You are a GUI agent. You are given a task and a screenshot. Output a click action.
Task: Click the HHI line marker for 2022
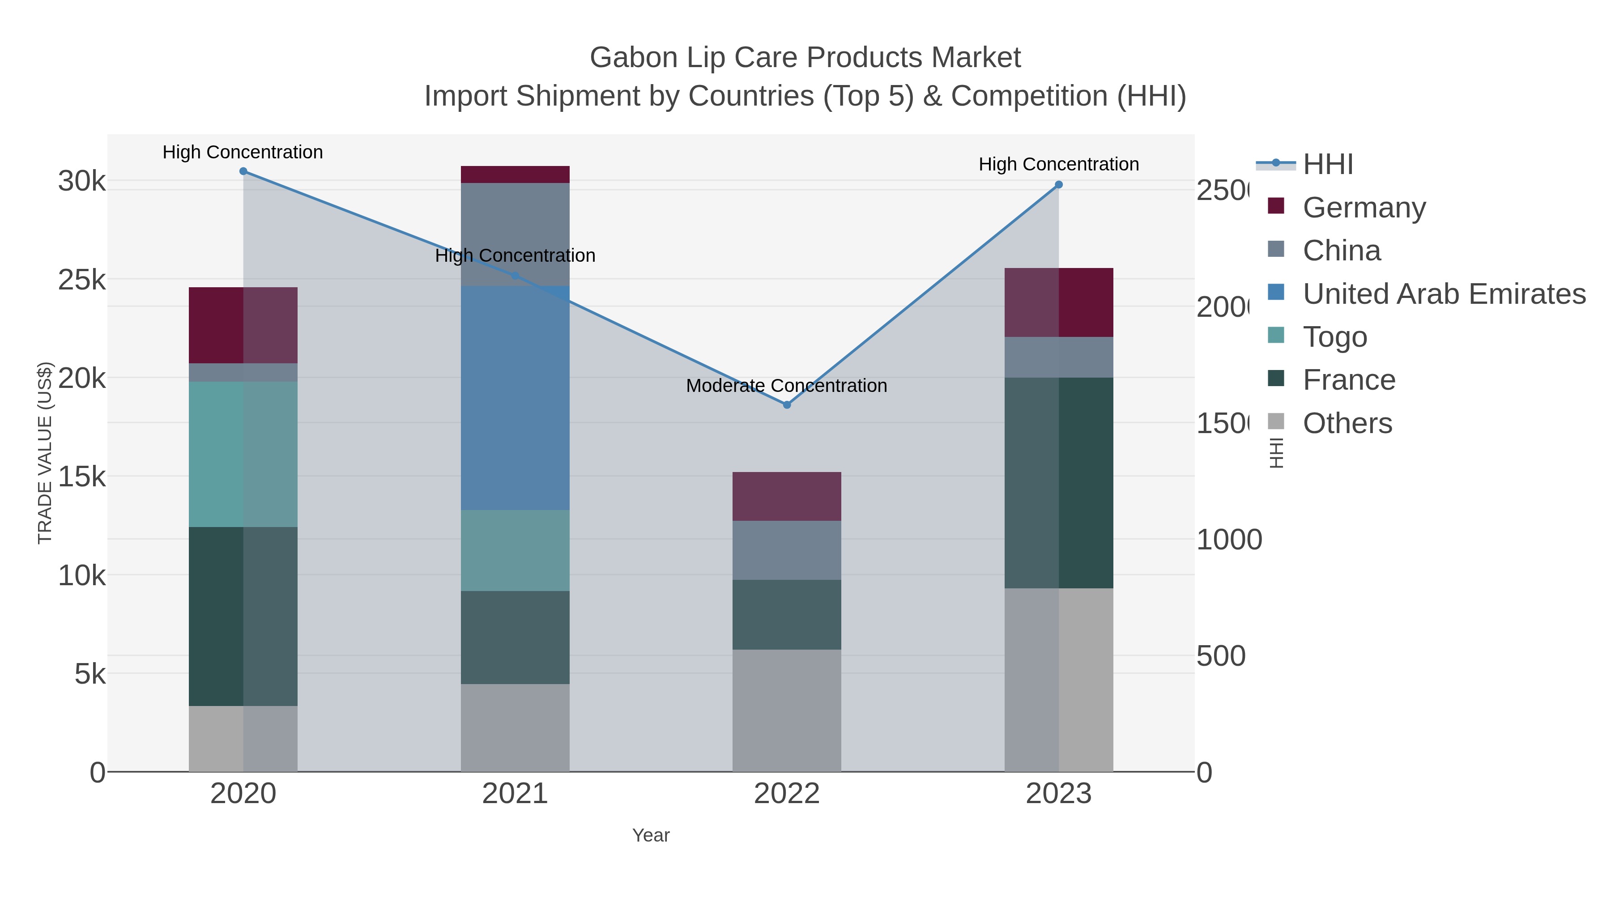click(787, 404)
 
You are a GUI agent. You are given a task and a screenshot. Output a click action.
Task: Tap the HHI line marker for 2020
click(243, 171)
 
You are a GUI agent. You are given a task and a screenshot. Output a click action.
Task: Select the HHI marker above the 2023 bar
click(1059, 184)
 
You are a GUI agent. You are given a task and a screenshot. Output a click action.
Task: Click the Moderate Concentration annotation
click(786, 386)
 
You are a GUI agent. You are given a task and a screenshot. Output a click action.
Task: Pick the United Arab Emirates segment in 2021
click(515, 398)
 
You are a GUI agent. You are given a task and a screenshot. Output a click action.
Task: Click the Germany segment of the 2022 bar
click(786, 497)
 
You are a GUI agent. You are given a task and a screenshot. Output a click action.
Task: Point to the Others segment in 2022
click(786, 710)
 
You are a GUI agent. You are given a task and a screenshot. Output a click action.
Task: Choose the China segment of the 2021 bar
click(515, 219)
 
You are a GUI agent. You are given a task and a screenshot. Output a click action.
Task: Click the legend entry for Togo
click(1334, 337)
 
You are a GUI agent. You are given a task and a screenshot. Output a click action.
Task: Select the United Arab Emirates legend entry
click(1443, 294)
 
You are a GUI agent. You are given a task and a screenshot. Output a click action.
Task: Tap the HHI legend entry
click(1327, 165)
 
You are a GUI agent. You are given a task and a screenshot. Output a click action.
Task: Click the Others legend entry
click(1347, 423)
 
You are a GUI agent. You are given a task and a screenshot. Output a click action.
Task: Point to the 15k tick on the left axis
click(82, 477)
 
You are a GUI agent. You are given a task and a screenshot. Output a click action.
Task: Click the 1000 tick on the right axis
click(1228, 540)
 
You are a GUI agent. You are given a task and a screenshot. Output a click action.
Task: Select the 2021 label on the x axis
click(515, 793)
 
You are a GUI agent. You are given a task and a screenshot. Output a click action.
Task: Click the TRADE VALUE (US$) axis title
click(45, 453)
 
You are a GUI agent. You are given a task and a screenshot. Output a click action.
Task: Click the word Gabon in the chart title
click(634, 58)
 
